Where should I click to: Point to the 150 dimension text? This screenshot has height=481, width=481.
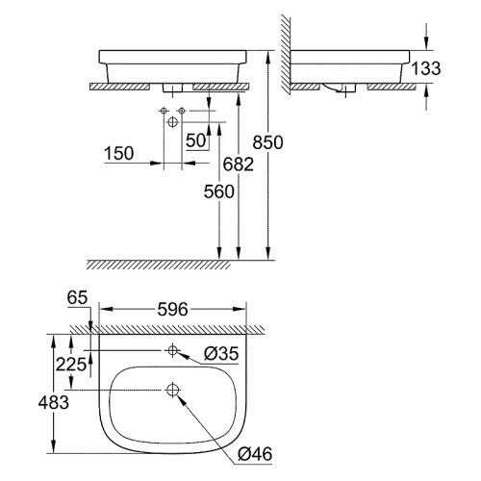120,153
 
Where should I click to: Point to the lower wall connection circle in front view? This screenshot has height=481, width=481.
170,124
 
